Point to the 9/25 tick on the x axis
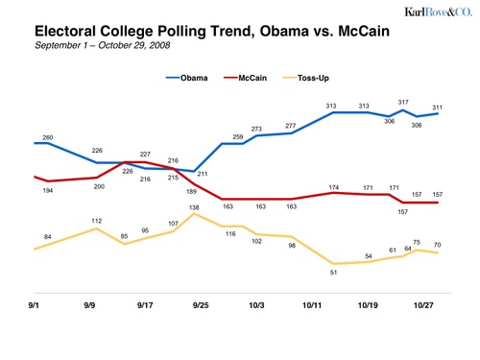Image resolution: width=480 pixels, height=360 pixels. [202, 304]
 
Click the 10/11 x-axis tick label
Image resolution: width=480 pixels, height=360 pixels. [312, 304]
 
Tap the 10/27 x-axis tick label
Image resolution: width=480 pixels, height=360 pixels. [423, 304]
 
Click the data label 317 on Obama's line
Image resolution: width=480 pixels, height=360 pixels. [403, 101]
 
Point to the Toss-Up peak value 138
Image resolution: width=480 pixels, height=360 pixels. [194, 207]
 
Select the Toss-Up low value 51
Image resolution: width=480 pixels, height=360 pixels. [333, 273]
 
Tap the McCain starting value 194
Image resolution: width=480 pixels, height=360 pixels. [47, 191]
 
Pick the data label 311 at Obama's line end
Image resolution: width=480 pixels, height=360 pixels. [438, 107]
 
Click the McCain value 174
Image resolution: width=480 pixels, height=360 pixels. [334, 187]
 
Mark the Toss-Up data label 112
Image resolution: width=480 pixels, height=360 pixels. [97, 221]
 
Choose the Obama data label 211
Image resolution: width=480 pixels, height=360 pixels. [203, 174]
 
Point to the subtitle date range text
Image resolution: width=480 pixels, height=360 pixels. [102, 45]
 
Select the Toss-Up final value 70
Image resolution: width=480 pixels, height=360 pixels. [437, 245]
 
